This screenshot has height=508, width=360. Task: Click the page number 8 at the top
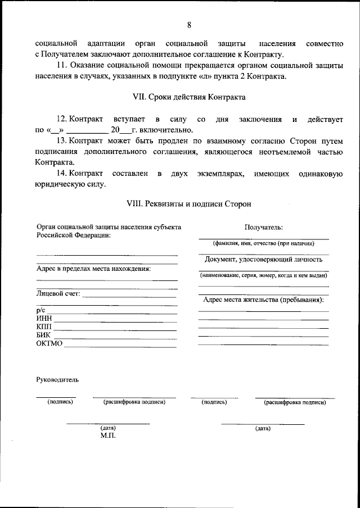[x=189, y=25]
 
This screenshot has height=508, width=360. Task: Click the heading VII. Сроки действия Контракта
[x=189, y=97]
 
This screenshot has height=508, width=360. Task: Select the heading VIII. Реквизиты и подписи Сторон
[x=189, y=204]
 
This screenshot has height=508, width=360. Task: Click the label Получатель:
[x=263, y=228]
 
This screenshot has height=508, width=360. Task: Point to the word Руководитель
[x=57, y=379]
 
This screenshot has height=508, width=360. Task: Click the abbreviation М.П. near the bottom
[x=108, y=436]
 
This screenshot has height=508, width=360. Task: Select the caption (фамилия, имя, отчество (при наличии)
[x=263, y=244]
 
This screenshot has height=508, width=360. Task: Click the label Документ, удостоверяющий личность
[x=263, y=260]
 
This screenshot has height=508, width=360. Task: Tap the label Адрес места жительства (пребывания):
[x=263, y=300]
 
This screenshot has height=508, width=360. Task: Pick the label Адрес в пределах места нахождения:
[x=94, y=268]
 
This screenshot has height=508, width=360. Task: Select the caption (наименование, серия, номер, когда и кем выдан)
[x=263, y=276]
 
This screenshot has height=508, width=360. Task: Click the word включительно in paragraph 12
[x=165, y=130]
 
